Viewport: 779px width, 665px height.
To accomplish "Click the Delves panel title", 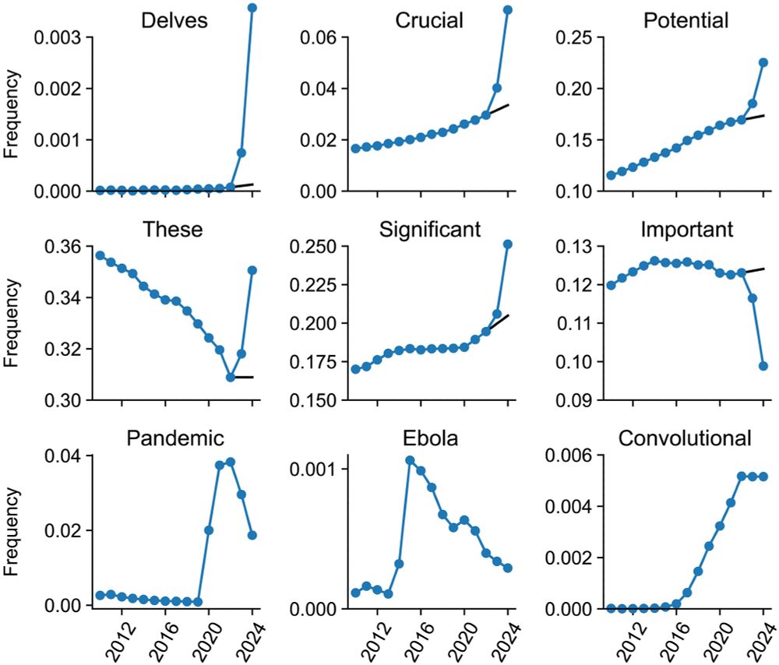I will point(174,20).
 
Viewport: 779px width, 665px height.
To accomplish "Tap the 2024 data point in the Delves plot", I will point(252,8).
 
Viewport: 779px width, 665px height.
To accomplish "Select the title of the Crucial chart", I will point(430,20).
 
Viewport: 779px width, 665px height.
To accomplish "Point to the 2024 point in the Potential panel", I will point(763,62).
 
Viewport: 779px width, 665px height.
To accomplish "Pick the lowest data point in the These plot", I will point(231,377).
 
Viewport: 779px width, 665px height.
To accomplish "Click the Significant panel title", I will point(430,230).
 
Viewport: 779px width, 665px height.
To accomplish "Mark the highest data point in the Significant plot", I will point(508,244).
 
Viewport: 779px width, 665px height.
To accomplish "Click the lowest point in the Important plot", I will point(763,365).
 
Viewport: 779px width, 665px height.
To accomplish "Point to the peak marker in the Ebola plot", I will point(410,460).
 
